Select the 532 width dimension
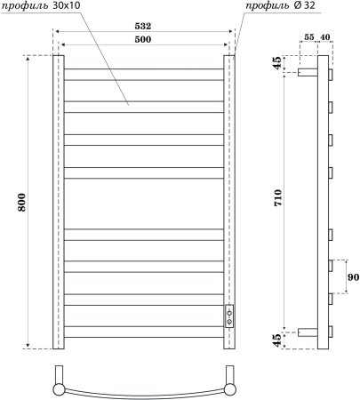pyautogui.click(x=142, y=27)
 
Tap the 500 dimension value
pyautogui.click(x=142, y=41)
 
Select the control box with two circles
pyautogui.click(x=230, y=316)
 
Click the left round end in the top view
pyautogui.click(x=59, y=388)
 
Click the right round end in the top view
pyautogui.click(x=231, y=388)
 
